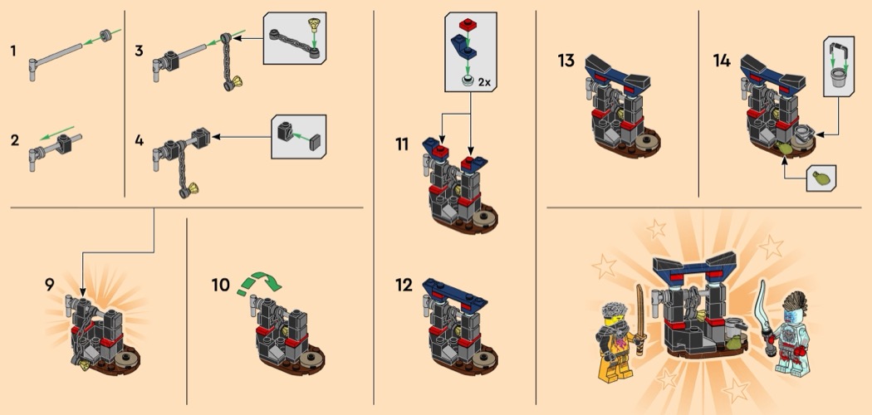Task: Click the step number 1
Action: pos(12,51)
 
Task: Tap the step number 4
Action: pos(139,140)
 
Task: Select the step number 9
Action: pos(50,285)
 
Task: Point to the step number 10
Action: pos(221,285)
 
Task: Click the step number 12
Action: pos(404,285)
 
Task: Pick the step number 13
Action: pos(566,60)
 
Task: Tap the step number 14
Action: pos(722,60)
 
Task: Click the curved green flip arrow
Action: pos(259,281)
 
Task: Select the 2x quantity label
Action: pos(484,82)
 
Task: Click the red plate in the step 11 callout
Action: pos(467,24)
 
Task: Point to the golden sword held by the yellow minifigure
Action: pos(641,319)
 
